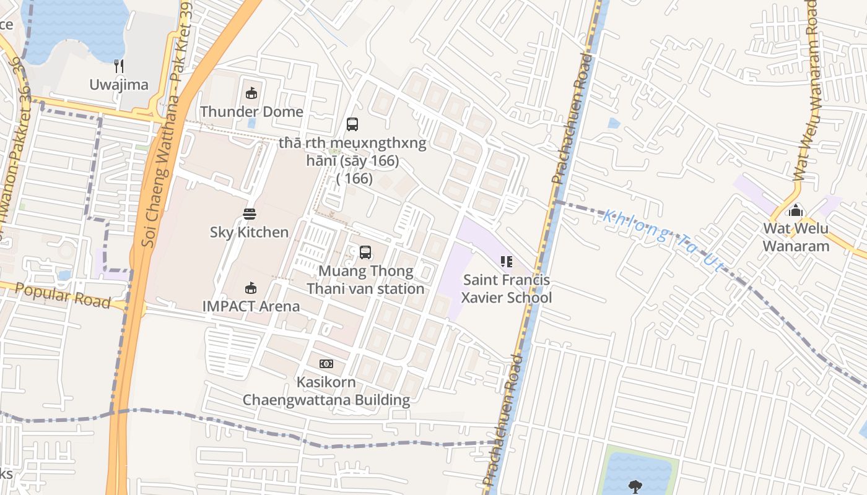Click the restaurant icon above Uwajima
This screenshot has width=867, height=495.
click(x=120, y=66)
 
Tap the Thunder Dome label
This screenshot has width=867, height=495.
click(x=251, y=112)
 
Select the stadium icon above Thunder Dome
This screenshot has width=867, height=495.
click(x=251, y=93)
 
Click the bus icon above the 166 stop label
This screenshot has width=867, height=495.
click(x=352, y=124)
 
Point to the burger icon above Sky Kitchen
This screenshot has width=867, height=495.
click(x=250, y=214)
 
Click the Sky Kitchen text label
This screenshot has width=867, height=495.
click(x=250, y=233)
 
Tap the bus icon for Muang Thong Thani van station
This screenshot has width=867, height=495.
click(x=365, y=252)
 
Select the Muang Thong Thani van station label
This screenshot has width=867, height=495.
click(x=365, y=280)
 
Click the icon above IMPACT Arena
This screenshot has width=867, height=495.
click(x=250, y=288)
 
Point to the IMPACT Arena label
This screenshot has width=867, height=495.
click(x=251, y=306)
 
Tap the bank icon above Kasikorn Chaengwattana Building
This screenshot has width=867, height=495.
click(x=326, y=364)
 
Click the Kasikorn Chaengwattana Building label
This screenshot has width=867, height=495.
click(x=326, y=391)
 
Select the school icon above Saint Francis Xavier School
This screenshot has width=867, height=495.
click(x=507, y=262)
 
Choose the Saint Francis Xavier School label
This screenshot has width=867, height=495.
click(x=507, y=289)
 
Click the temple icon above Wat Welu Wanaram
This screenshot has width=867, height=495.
click(x=796, y=210)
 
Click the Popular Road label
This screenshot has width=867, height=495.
click(x=63, y=296)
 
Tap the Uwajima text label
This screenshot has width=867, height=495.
click(x=119, y=85)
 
